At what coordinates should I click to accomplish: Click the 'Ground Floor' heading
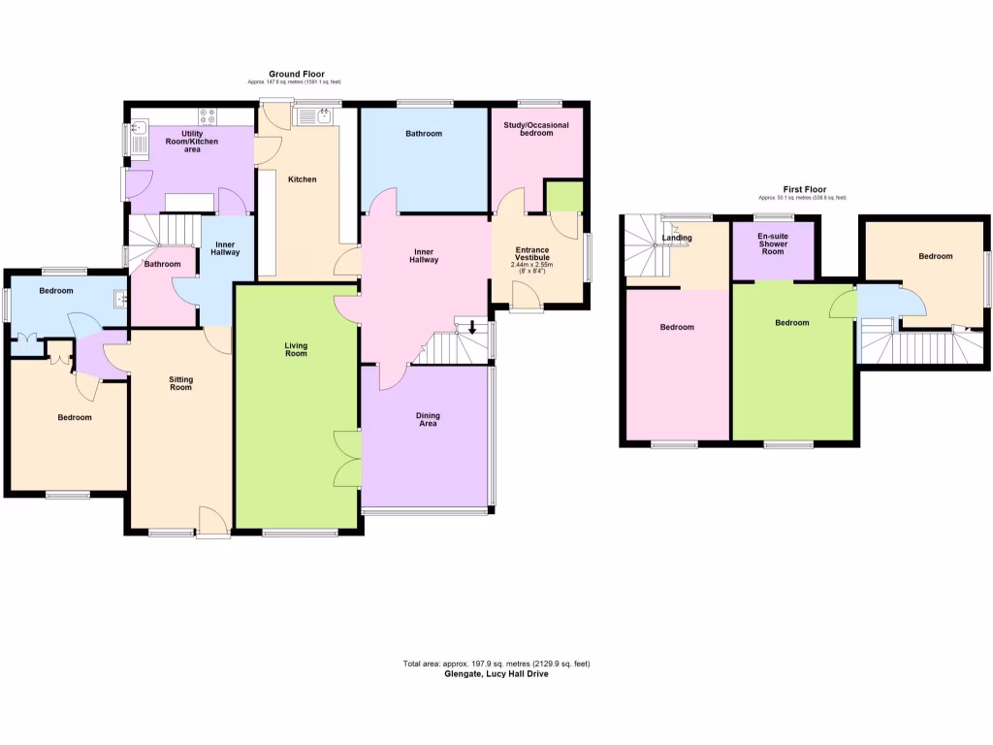297,74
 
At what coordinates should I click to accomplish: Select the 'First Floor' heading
804,189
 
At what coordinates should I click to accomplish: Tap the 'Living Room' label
296,349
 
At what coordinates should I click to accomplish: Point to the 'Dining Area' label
428,420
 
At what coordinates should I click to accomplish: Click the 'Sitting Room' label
180,383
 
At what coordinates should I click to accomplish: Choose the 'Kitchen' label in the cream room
302,179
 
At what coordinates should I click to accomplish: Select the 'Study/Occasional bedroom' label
536,129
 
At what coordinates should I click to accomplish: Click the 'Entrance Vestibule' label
531,254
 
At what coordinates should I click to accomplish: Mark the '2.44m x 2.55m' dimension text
531,265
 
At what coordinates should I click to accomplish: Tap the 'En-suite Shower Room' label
773,243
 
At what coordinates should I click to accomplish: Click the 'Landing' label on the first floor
677,238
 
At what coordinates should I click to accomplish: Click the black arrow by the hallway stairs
472,328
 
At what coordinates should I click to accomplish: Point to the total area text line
496,664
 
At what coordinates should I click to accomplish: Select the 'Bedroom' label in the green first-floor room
791,323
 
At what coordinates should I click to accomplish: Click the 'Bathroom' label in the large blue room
424,134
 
